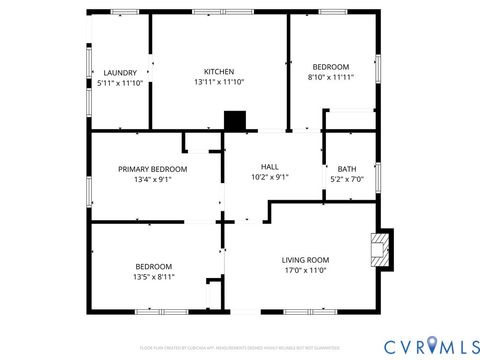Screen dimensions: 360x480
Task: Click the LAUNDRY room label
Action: [120, 73]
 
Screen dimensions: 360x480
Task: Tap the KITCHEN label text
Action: [219, 72]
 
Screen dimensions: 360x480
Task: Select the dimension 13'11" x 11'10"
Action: [219, 82]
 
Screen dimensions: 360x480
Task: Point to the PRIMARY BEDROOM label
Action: [152, 169]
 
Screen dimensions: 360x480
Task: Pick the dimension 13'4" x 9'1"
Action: [152, 180]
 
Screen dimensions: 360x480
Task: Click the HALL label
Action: [269, 167]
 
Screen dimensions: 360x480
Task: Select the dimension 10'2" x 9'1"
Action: [269, 177]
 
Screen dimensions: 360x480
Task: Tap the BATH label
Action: [347, 169]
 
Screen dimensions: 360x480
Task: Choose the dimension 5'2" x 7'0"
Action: [347, 180]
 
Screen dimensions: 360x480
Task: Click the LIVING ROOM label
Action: [305, 259]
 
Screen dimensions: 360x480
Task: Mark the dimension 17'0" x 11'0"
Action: [305, 270]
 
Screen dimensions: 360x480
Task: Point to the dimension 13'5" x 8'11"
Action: [154, 277]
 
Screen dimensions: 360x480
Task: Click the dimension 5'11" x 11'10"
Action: [120, 83]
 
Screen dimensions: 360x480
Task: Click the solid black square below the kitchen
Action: [234, 121]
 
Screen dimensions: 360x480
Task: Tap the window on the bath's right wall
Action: [378, 175]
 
